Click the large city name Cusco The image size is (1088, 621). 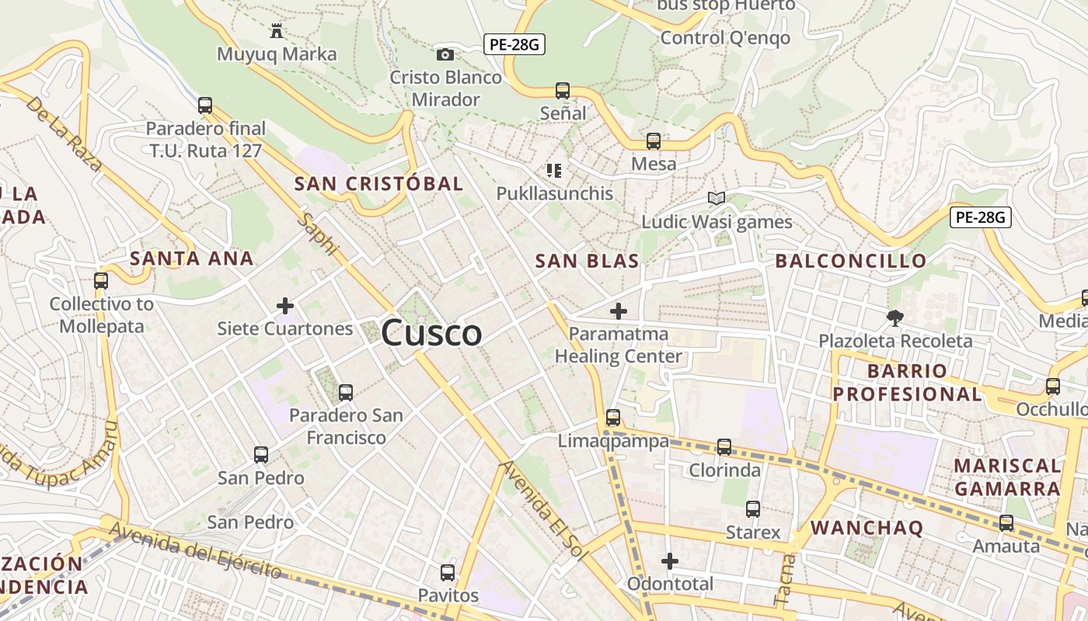431,333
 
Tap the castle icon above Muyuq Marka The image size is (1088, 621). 276,31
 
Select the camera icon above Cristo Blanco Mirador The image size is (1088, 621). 445,54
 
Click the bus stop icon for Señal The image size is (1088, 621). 563,90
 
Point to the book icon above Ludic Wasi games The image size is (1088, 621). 716,199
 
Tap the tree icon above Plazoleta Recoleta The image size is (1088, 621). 895,317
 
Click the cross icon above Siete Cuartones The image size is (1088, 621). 285,306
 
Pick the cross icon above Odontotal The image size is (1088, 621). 670,560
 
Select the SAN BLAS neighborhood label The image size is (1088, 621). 587,261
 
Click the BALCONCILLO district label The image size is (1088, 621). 851,261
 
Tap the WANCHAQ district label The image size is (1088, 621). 867,528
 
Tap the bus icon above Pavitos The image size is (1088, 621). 448,573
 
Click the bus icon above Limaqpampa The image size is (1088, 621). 613,418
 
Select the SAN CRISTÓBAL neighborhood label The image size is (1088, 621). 378,184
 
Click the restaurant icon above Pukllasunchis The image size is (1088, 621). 554,170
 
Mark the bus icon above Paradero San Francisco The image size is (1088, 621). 346,393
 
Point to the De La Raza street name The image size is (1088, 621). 64,134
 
